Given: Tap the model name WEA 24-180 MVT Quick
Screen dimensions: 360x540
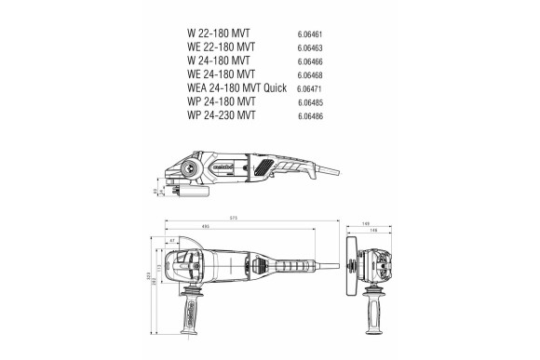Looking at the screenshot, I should [236, 87].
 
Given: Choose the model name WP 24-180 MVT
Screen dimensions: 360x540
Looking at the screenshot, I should [222, 100].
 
